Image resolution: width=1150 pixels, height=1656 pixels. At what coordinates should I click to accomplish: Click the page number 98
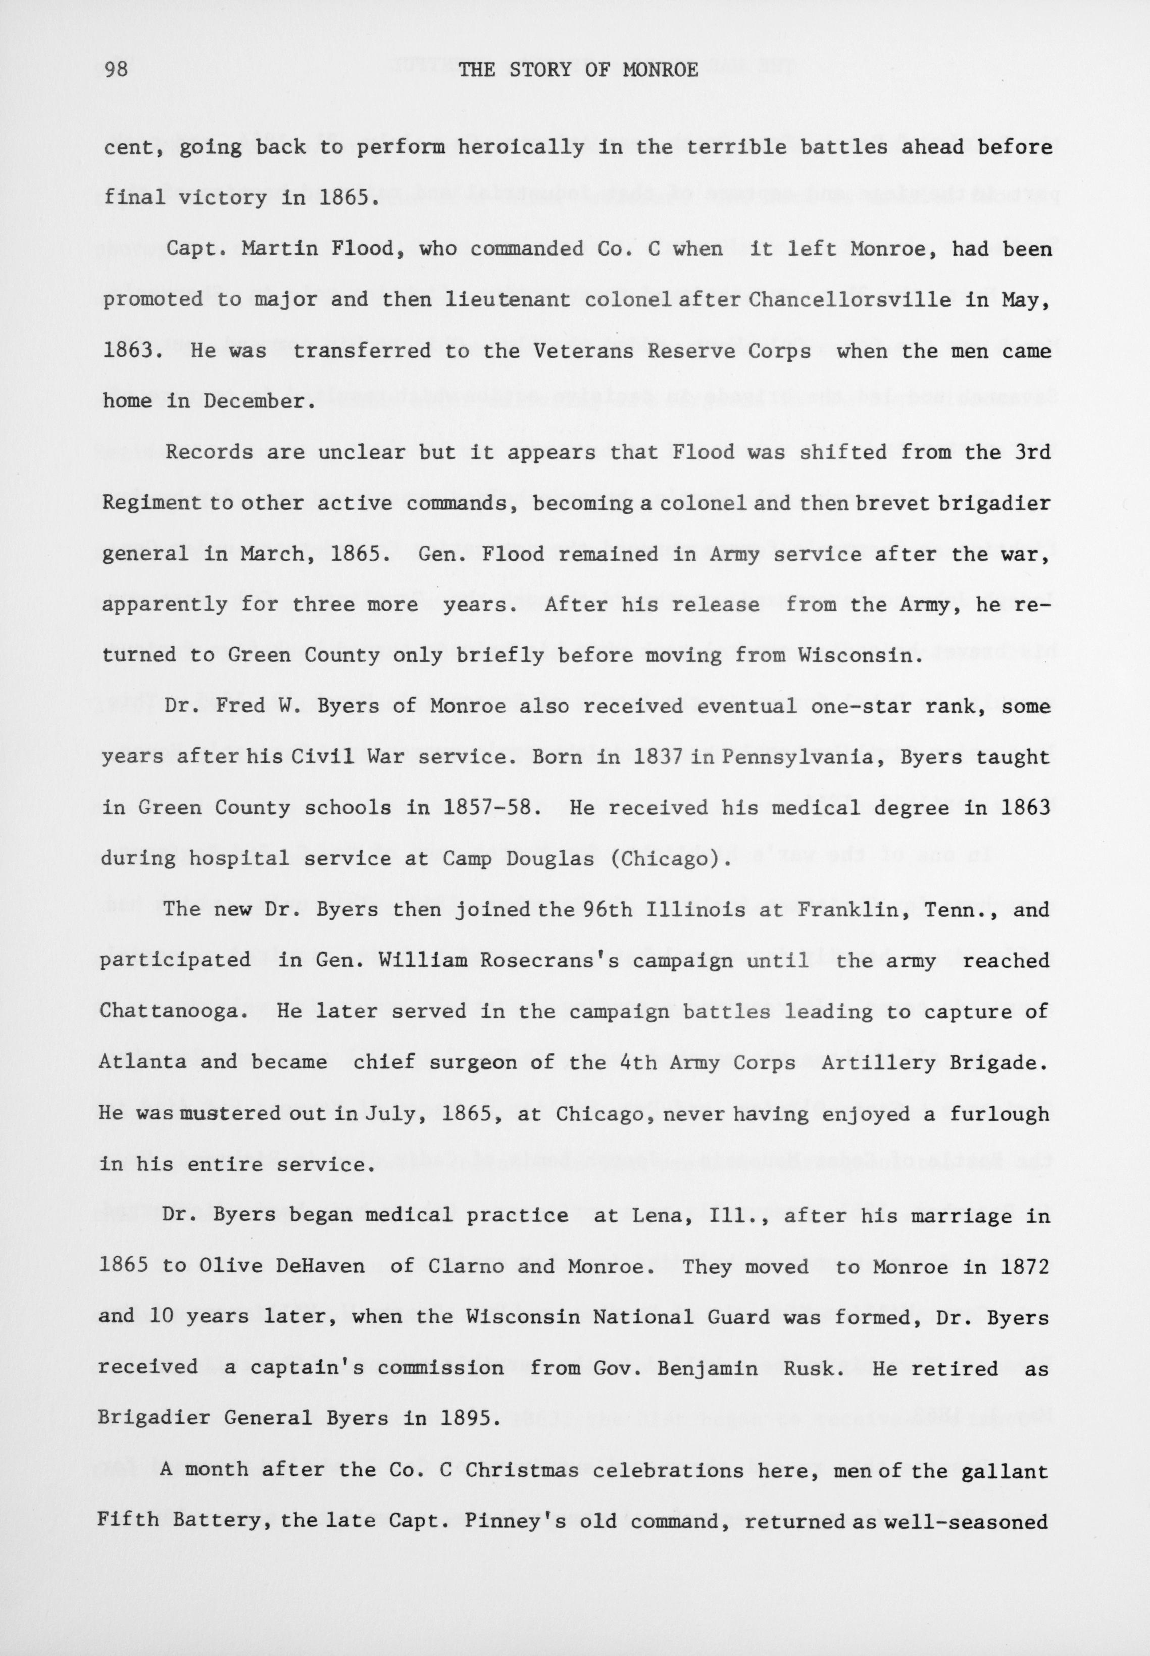pos(117,70)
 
